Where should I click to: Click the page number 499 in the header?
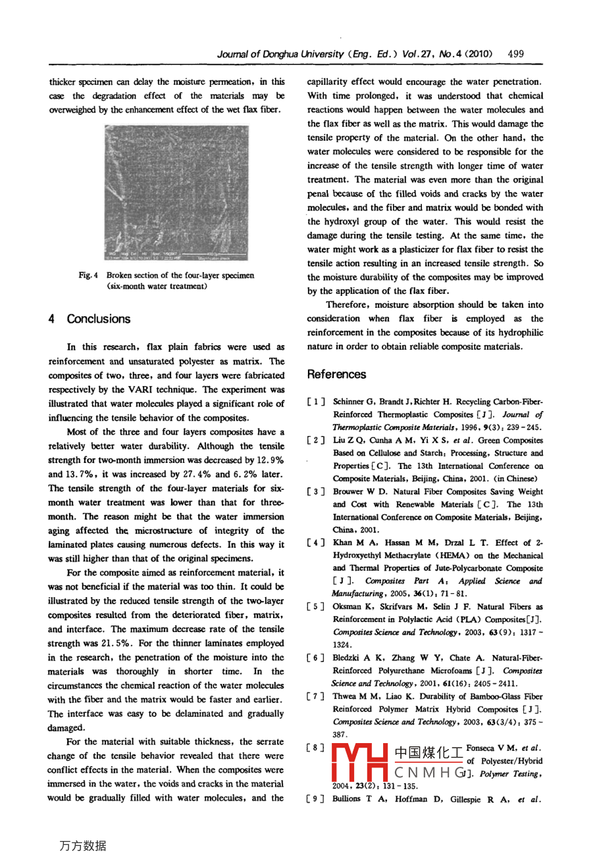pyautogui.click(x=516, y=54)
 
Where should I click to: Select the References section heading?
pyautogui.click(x=336, y=374)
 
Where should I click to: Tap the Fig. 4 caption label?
pyautogui.click(x=88, y=276)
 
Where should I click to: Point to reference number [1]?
pyautogui.click(x=317, y=402)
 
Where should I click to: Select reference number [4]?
pyautogui.click(x=317, y=543)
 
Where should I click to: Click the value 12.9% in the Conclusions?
pyautogui.click(x=270, y=460)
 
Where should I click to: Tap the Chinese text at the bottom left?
pyautogui.click(x=82, y=846)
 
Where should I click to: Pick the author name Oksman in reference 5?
pyautogui.click(x=347, y=607)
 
